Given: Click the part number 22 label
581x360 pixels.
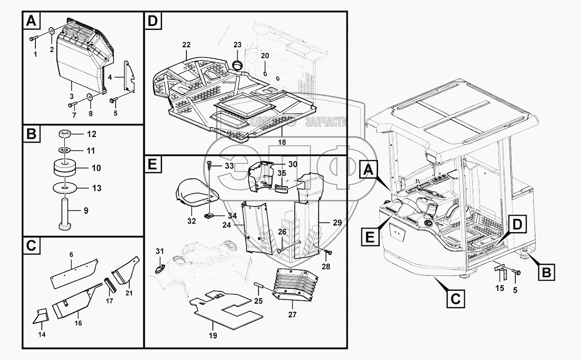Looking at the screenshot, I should (186, 44).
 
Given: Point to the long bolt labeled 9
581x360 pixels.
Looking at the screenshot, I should (67, 211).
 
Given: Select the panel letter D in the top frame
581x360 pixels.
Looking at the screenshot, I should (152, 21).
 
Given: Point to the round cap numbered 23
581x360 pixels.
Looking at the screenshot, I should (237, 64).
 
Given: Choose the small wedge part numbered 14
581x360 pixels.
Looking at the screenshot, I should (41, 316).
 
